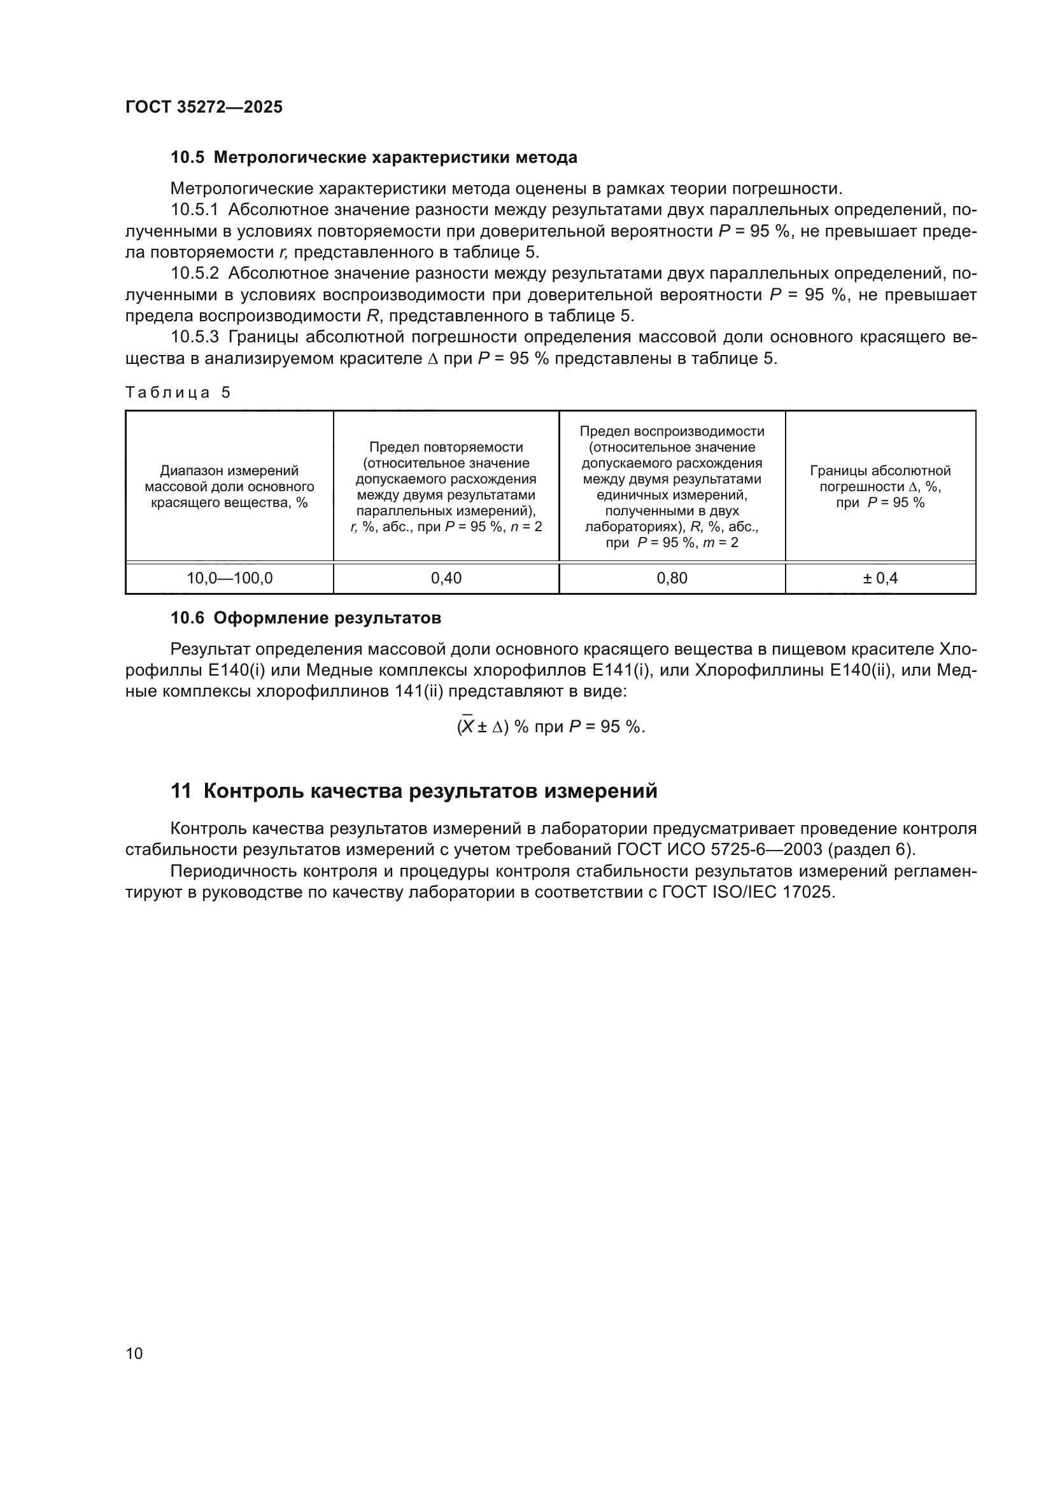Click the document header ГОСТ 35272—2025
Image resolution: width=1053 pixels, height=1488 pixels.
204,107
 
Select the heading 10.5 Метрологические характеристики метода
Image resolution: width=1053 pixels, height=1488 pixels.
374,158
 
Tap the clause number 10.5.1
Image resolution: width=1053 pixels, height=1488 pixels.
195,210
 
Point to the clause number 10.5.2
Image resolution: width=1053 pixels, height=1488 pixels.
195,274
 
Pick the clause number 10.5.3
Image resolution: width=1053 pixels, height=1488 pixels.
195,337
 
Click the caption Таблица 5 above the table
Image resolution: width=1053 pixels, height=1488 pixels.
178,392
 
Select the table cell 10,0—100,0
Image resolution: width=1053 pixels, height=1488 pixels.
230,578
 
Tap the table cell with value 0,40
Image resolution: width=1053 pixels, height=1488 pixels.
446,578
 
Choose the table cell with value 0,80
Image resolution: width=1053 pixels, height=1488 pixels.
672,578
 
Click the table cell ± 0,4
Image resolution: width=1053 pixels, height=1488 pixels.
880,578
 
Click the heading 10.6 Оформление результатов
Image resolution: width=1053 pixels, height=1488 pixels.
306,618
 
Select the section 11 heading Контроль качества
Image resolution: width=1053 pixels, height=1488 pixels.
414,791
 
